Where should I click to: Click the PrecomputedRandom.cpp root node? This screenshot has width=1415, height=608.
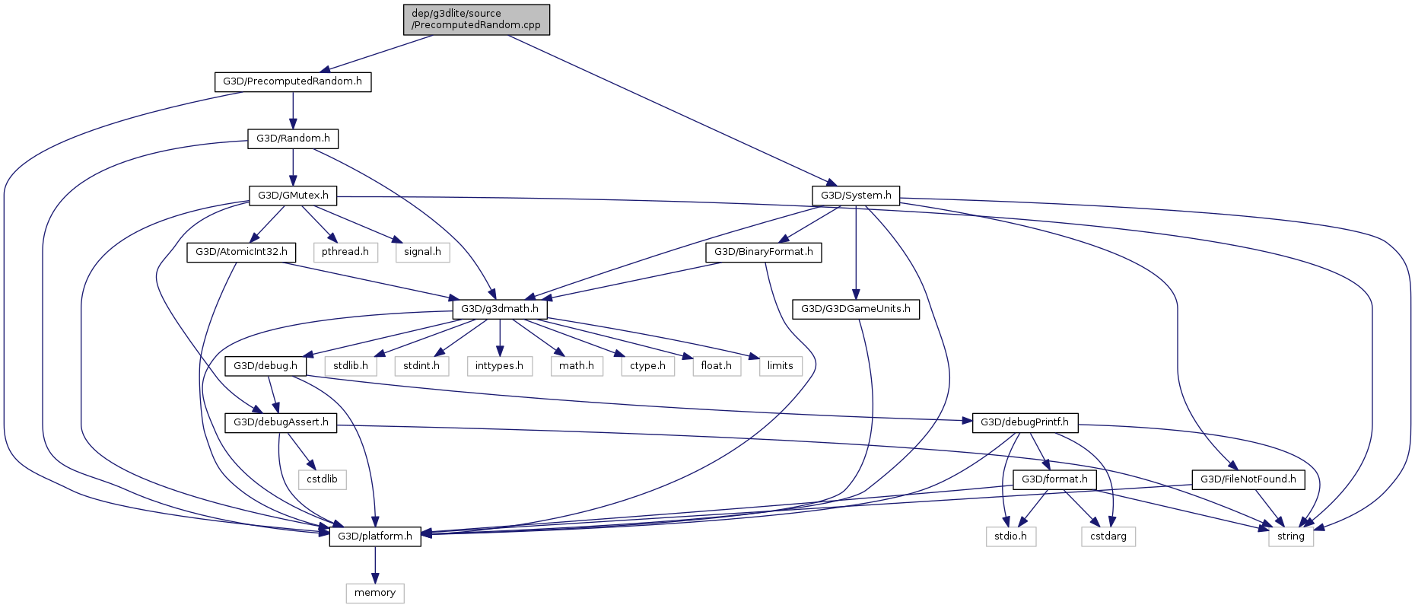click(476, 19)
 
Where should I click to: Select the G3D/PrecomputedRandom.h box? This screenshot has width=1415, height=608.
click(293, 81)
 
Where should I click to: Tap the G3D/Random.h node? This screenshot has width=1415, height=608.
click(293, 138)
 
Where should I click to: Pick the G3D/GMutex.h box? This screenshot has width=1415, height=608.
click(293, 196)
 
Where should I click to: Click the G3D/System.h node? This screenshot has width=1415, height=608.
click(856, 196)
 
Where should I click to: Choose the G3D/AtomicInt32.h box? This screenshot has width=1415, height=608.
click(241, 252)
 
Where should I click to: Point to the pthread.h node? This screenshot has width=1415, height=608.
click(345, 252)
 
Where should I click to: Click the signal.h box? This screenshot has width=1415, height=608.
click(422, 252)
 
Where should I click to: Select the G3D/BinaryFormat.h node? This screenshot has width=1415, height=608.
click(763, 252)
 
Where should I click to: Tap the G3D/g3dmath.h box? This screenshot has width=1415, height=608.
click(500, 309)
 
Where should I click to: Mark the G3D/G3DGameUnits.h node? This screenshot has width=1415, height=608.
click(856, 309)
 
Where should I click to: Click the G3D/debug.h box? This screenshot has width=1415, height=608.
click(266, 366)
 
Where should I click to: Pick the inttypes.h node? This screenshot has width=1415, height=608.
click(499, 366)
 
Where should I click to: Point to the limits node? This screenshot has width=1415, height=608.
click(780, 366)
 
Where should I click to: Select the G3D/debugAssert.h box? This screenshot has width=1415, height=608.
click(281, 422)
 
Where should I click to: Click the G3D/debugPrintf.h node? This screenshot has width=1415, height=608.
click(1024, 422)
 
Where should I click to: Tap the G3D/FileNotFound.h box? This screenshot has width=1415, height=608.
click(1248, 479)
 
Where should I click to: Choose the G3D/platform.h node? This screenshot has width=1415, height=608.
click(375, 536)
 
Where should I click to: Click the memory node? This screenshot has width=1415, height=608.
click(375, 593)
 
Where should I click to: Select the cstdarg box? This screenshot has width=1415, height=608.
click(1108, 536)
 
